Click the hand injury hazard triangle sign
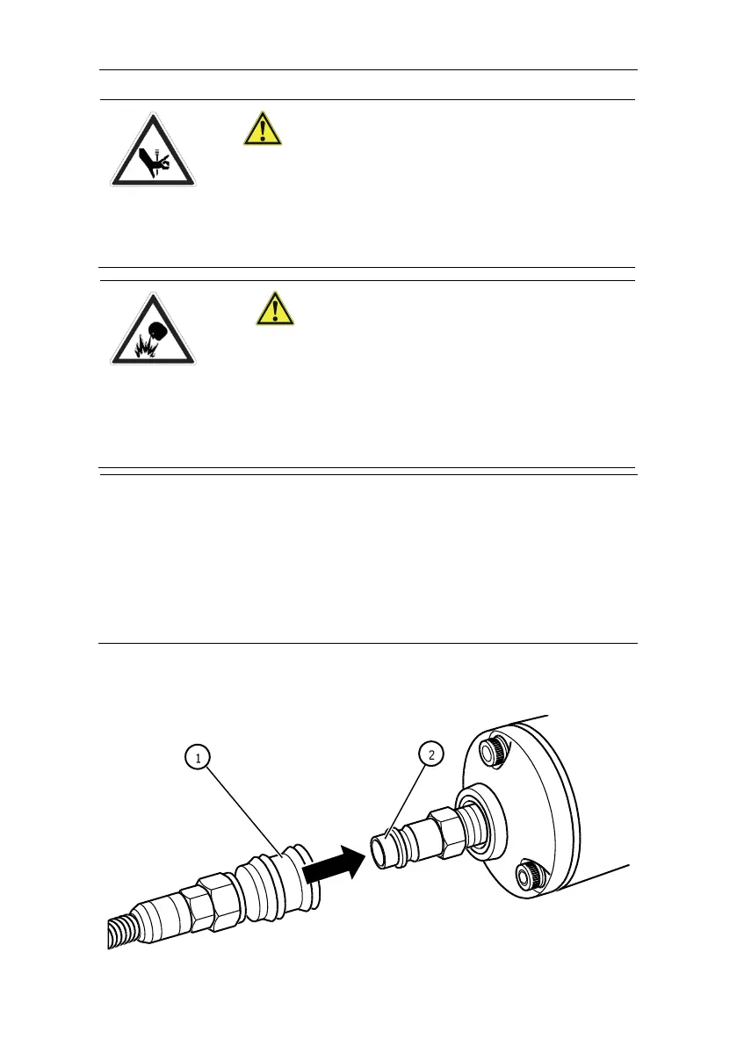(x=153, y=150)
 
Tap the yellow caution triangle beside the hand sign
(x=262, y=129)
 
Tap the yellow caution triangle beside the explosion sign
(x=275, y=308)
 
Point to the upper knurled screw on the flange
(x=495, y=750)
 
